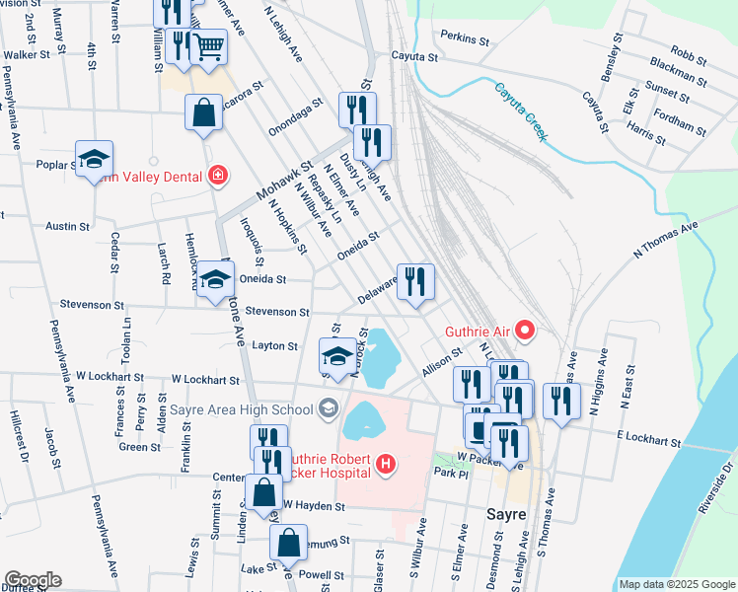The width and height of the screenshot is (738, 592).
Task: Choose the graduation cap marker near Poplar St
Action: click(x=94, y=159)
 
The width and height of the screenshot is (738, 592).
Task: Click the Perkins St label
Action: click(x=466, y=40)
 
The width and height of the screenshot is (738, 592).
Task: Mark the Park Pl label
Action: click(x=449, y=473)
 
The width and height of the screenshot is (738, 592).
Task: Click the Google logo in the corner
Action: click(x=33, y=580)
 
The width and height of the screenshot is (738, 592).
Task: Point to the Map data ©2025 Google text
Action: click(x=676, y=584)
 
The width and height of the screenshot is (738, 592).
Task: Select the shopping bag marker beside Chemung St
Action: click(x=287, y=542)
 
